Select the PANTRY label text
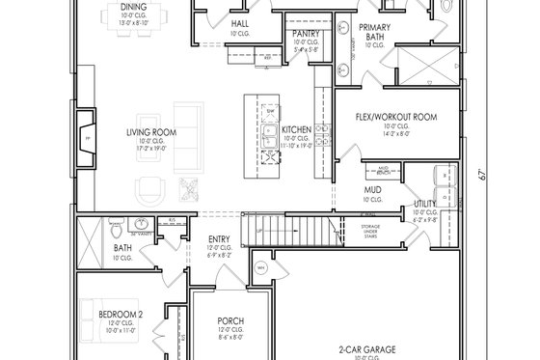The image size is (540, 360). [307, 33]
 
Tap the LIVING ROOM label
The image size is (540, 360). [154, 133]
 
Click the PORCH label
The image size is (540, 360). [229, 320]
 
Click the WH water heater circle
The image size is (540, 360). [260, 267]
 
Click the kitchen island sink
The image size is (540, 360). [273, 132]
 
